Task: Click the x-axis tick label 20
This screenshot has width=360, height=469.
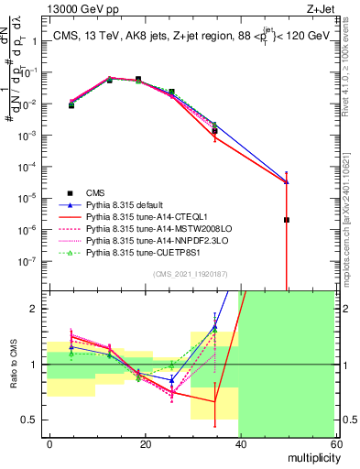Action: [146, 442]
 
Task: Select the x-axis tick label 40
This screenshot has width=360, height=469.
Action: [240, 442]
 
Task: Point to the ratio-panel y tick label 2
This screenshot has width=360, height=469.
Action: [39, 309]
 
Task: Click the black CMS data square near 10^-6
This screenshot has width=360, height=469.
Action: [287, 220]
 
